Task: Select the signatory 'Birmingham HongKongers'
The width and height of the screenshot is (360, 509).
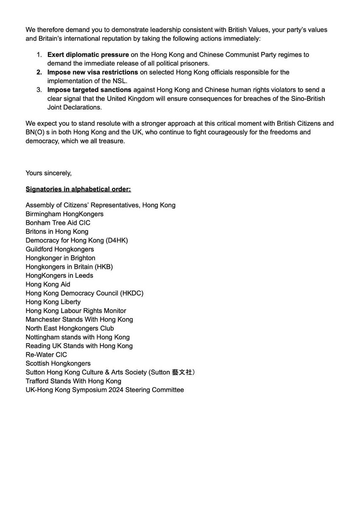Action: (x=64, y=214)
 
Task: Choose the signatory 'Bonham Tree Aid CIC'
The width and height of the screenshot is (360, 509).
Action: (x=58, y=223)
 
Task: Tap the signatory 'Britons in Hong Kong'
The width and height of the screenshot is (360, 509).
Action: (x=57, y=232)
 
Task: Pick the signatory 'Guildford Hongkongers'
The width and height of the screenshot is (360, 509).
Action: (x=59, y=249)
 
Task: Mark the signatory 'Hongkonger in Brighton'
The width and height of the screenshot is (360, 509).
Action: (x=60, y=258)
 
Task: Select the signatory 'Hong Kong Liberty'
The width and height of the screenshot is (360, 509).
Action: (x=53, y=302)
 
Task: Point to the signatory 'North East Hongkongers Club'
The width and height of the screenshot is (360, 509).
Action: (x=70, y=328)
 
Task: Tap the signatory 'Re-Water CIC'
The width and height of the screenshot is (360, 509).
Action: (x=46, y=355)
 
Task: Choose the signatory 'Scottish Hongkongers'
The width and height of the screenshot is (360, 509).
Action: (x=58, y=364)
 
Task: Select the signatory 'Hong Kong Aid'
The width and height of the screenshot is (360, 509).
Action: (x=48, y=284)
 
